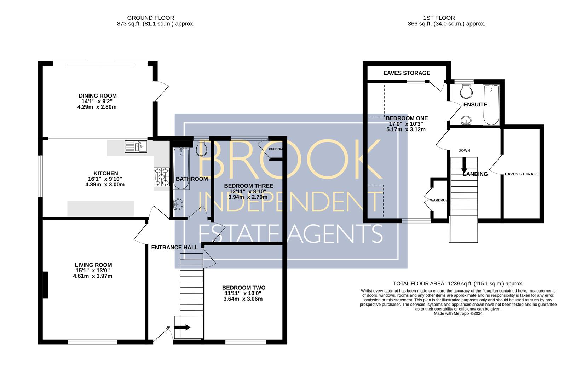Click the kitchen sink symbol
[136, 146]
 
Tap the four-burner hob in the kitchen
[162, 177]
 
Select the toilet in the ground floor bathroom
[202, 148]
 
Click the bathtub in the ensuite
[491, 105]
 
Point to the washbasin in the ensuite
[466, 121]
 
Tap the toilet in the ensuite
[466, 91]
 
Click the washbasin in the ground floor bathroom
[178, 204]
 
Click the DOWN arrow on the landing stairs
[464, 166]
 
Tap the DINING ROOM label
[98, 96]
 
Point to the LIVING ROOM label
[93, 265]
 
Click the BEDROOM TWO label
[244, 288]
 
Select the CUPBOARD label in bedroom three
[276, 149]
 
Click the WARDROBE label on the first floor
[439, 200]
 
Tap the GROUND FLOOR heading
[151, 18]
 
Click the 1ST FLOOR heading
[439, 18]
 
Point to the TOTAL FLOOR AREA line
[458, 284]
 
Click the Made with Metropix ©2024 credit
[458, 313]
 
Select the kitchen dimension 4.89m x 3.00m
[105, 185]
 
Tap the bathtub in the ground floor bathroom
[181, 168]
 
